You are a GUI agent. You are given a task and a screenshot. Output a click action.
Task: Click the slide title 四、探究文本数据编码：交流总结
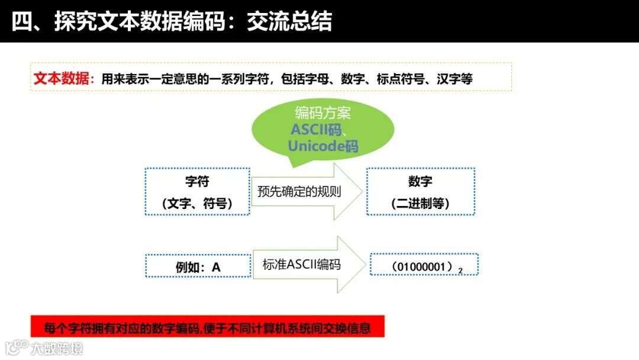coord(172,21)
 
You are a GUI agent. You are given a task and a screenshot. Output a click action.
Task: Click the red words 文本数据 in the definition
coord(61,79)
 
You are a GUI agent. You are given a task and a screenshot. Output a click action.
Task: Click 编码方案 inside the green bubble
coord(322,113)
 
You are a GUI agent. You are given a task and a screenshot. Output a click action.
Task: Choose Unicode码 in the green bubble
coord(323,146)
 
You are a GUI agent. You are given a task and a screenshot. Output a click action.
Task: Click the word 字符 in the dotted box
coord(197,181)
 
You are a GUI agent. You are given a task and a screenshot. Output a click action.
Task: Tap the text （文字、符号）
coord(197,204)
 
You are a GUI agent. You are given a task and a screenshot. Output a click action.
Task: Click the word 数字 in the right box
coord(420,181)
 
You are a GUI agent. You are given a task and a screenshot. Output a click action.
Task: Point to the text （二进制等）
coord(420,204)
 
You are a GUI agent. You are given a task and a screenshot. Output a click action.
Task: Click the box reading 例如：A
coord(198,267)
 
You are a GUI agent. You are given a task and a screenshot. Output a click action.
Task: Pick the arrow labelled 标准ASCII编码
coord(302,265)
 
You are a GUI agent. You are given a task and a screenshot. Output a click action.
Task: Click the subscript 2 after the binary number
coord(460,271)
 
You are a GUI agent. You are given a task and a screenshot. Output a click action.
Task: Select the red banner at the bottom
coord(207,327)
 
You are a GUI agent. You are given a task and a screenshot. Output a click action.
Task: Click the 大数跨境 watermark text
coord(57,348)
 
